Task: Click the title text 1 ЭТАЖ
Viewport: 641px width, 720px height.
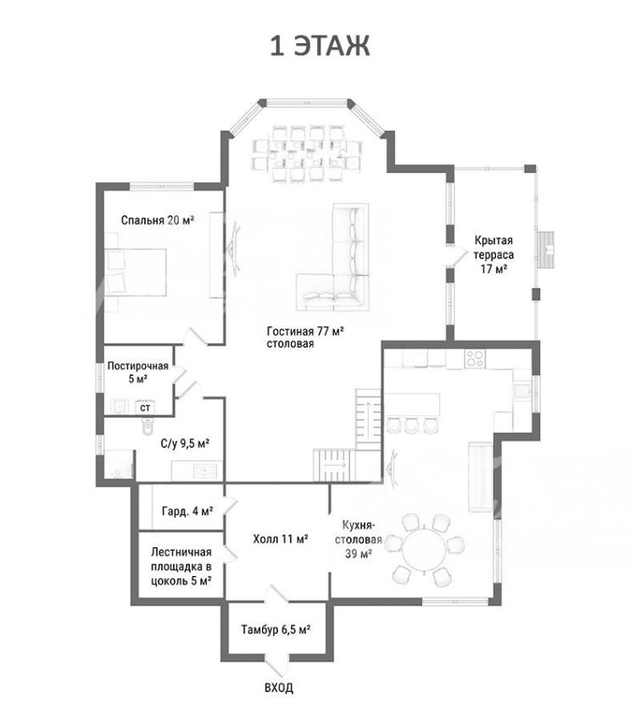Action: (x=320, y=46)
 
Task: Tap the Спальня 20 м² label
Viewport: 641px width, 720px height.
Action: (x=158, y=220)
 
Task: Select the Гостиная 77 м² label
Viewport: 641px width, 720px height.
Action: (x=305, y=331)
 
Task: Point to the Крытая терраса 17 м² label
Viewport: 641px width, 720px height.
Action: (x=494, y=254)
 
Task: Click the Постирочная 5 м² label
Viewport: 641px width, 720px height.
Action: (x=138, y=373)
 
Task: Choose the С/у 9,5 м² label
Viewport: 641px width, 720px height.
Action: (x=185, y=444)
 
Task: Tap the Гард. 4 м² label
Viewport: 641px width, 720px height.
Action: (x=187, y=511)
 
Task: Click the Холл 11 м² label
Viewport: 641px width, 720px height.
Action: (x=281, y=539)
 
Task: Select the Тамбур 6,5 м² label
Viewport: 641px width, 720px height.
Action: (x=276, y=629)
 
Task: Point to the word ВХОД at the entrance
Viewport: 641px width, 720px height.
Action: (x=279, y=688)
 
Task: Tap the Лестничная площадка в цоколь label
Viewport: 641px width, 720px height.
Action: (x=181, y=567)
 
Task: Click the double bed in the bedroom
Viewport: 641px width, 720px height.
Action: (x=136, y=272)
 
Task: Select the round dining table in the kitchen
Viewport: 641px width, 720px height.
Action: (x=425, y=550)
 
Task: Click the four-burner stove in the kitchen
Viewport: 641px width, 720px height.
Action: (x=475, y=358)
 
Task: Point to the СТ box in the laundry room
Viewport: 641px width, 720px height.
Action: (x=145, y=407)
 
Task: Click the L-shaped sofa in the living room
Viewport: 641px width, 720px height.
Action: (x=334, y=258)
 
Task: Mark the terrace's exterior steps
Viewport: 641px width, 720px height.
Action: (x=546, y=249)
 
